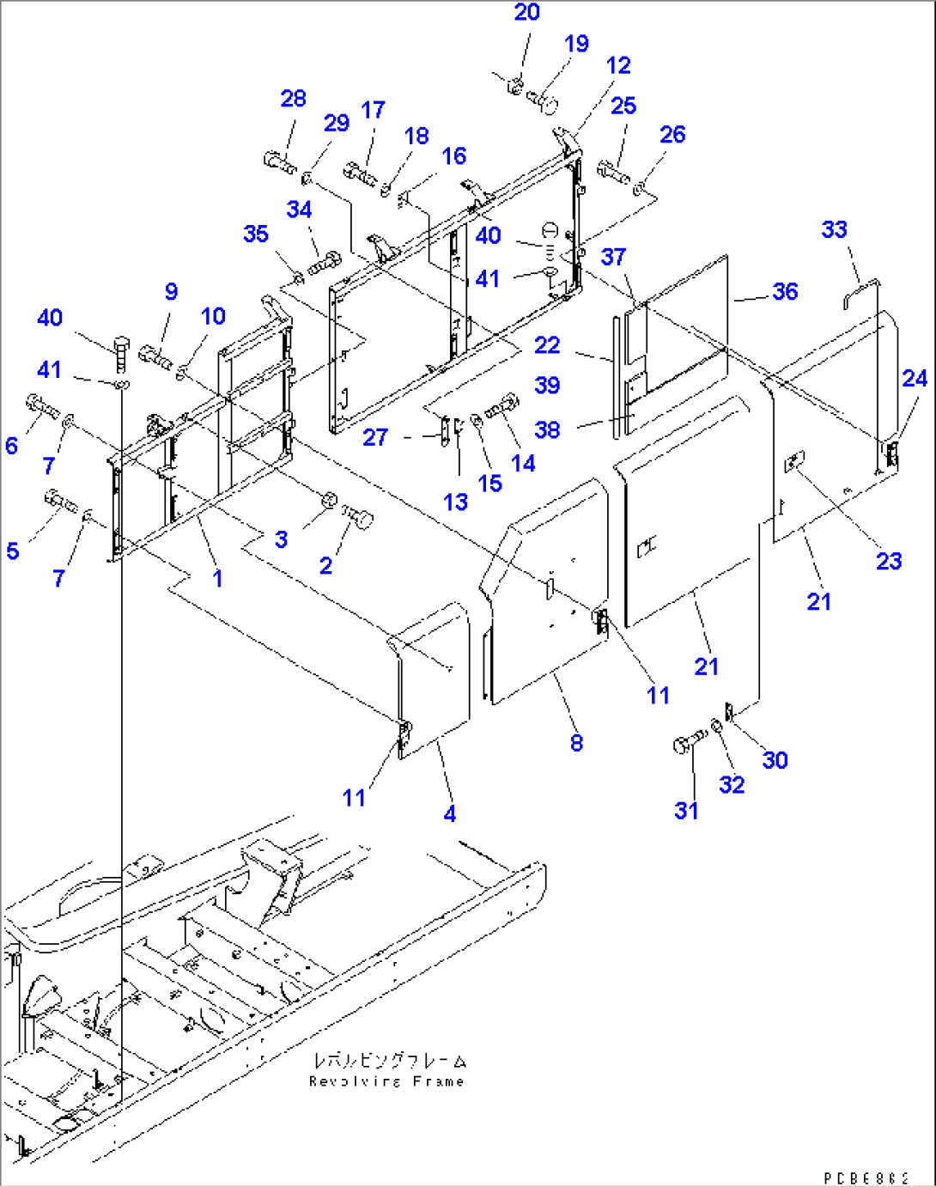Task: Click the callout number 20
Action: click(x=526, y=12)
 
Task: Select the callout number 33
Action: click(x=834, y=229)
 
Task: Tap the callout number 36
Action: click(x=785, y=291)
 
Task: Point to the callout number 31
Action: click(x=686, y=810)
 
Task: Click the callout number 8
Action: click(x=576, y=743)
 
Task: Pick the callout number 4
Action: click(x=450, y=813)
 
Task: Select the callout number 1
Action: click(x=217, y=579)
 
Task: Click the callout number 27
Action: click(x=375, y=437)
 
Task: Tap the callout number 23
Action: click(x=889, y=561)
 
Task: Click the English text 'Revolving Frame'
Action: click(x=386, y=1081)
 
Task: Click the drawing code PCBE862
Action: click(x=866, y=1178)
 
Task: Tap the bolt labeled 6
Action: click(x=43, y=405)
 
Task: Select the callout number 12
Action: click(x=617, y=65)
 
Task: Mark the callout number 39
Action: click(x=547, y=385)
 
